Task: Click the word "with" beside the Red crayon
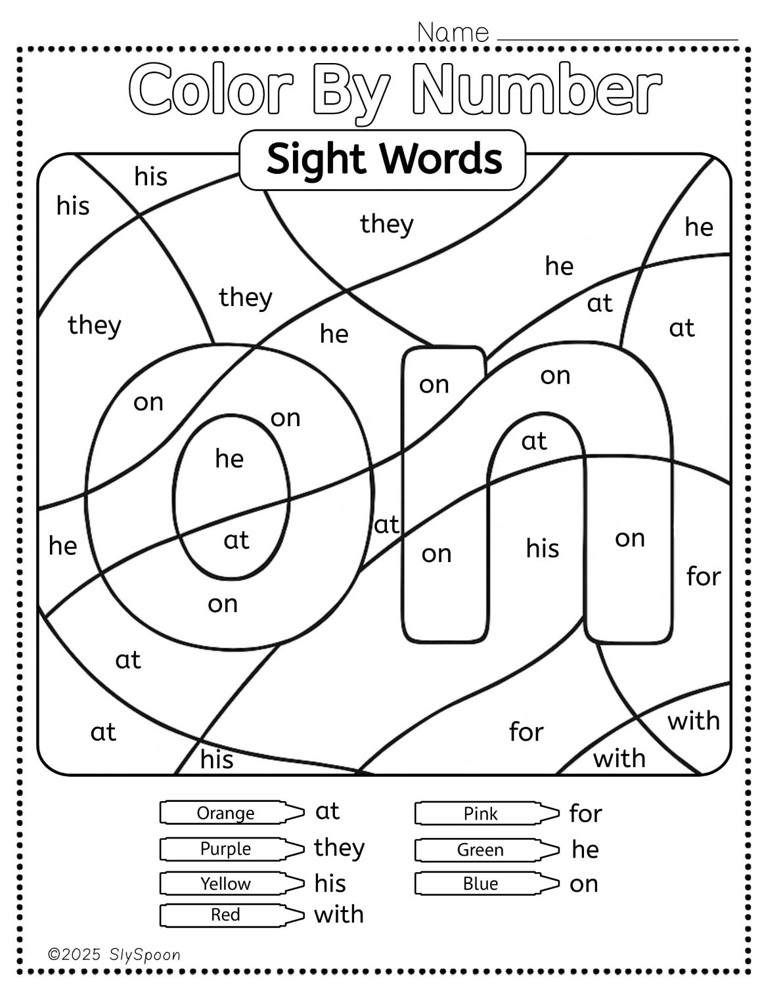(339, 914)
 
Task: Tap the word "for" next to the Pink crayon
(585, 814)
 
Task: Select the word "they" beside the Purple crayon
(339, 848)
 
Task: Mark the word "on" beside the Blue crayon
(584, 884)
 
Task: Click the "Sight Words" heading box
(383, 160)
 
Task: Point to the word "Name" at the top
(453, 32)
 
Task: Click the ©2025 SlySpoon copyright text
(114, 955)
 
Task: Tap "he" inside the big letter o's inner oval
(229, 458)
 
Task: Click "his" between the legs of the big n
(543, 548)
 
